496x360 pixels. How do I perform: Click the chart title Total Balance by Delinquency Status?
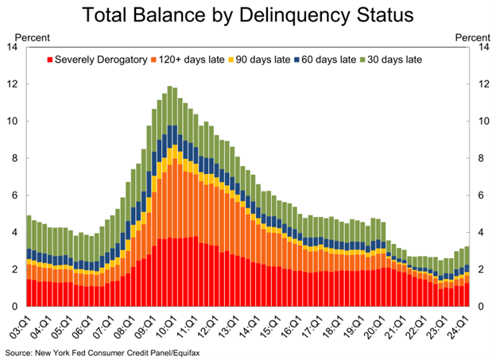[x=247, y=15]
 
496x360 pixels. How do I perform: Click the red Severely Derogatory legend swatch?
[x=51, y=60]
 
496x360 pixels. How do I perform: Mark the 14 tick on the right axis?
[x=481, y=47]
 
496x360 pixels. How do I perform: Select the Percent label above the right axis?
[x=472, y=37]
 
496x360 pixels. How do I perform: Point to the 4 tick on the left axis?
[x=14, y=233]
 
